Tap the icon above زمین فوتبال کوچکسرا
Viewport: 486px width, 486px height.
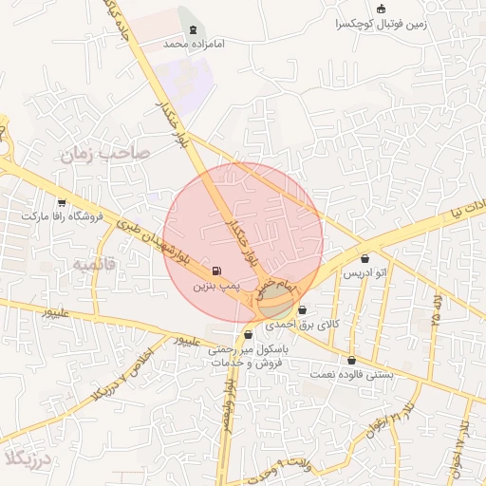[382, 9]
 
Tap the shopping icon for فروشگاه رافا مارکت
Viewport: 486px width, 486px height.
[62, 202]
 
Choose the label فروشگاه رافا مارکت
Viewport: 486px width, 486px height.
[61, 216]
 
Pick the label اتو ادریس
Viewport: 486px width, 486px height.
[365, 273]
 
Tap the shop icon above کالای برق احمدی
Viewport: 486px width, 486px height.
[303, 310]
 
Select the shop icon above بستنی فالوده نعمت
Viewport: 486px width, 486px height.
[352, 361]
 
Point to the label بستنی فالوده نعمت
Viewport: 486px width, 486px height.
[352, 375]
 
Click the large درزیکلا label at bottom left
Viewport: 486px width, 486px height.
[24, 460]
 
